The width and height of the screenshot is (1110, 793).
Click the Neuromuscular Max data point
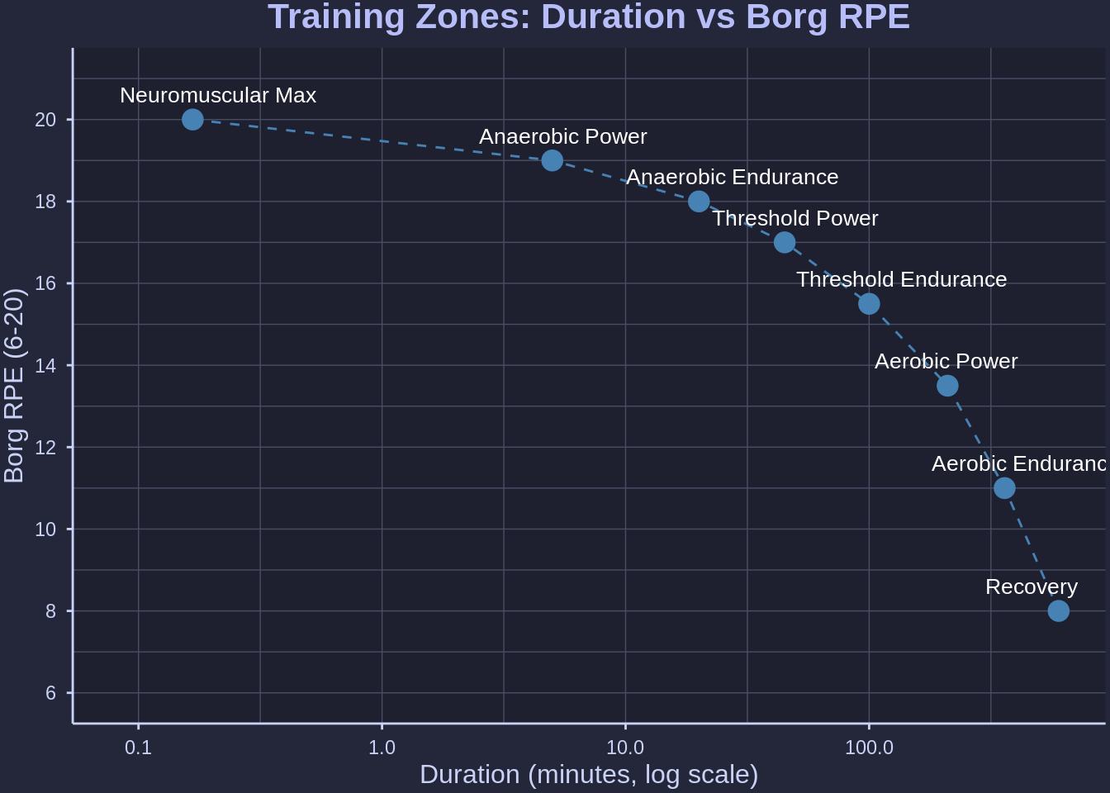(192, 120)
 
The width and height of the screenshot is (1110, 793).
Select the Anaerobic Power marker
(553, 160)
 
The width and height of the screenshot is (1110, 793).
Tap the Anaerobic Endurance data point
(699, 202)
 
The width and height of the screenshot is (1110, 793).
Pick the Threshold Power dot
(785, 242)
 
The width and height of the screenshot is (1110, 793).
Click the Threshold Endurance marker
(869, 304)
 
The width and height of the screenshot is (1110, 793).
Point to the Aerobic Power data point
(947, 386)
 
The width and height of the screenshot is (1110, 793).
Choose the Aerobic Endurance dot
(1004, 488)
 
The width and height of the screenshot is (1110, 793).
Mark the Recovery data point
(1058, 611)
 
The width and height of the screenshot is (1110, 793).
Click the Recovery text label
(1032, 587)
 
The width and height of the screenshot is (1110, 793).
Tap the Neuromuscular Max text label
(218, 96)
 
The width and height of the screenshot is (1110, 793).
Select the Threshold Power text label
(795, 219)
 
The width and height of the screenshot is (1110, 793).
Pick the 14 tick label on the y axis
(45, 365)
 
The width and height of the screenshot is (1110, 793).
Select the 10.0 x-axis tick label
(625, 748)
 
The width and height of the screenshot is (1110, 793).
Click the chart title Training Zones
(589, 17)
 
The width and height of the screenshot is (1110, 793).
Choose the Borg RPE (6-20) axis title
(14, 386)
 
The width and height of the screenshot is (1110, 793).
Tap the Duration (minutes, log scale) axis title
(589, 775)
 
